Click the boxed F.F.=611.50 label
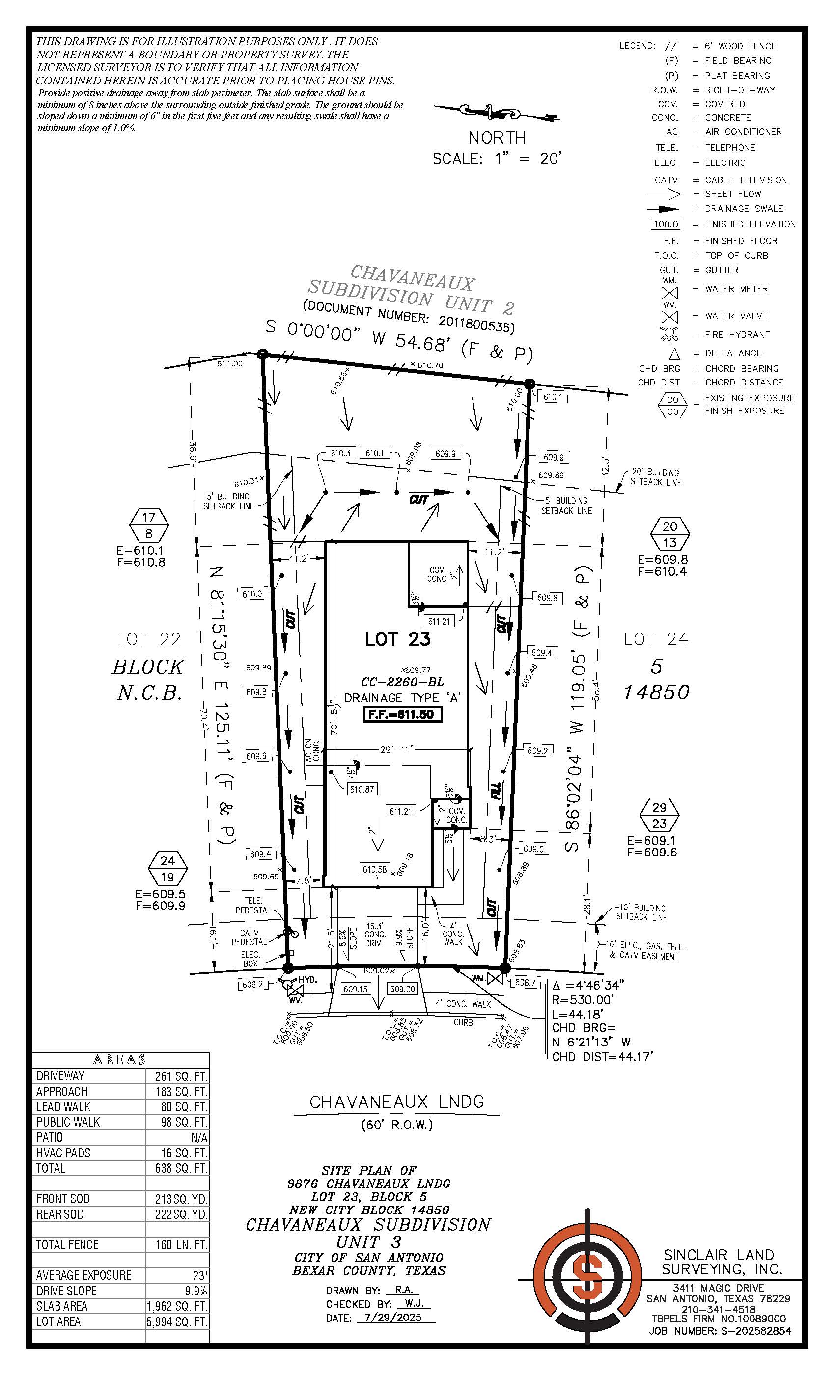[402, 715]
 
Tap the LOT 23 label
[397, 639]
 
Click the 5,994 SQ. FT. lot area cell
[177, 1321]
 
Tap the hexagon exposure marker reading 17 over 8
[148, 525]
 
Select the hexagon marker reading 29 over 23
[659, 815]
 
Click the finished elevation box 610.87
[362, 790]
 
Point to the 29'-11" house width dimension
[396, 749]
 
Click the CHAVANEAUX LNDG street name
[397, 1102]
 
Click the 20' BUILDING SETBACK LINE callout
[655, 477]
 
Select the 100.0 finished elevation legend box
[666, 224]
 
